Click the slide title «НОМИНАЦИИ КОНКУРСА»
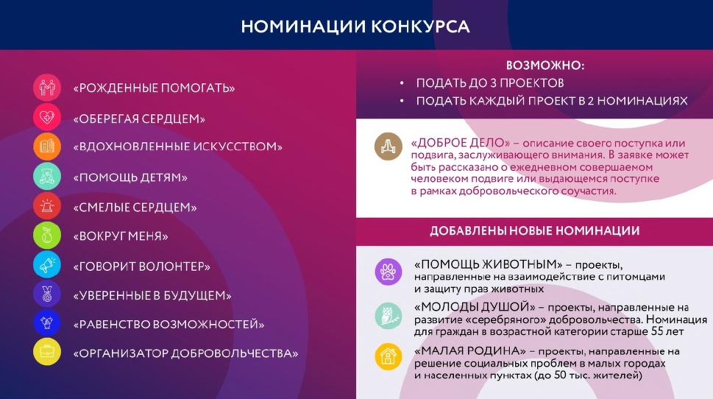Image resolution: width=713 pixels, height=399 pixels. coord(355,27)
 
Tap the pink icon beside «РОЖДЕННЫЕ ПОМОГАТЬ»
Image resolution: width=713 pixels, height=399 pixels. coord(47,88)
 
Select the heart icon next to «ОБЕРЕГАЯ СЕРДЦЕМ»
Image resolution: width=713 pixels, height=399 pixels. coord(47,117)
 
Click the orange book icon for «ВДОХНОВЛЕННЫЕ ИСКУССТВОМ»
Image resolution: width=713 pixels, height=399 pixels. coord(47,146)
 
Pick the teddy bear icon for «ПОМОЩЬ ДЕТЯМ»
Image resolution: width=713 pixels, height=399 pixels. coord(47,176)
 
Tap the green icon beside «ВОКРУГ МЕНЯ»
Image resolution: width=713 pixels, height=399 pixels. coord(47,236)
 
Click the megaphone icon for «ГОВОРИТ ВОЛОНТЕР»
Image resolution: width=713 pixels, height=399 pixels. coord(47,264)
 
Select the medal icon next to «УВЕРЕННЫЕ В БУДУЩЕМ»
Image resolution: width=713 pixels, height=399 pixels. coord(47,294)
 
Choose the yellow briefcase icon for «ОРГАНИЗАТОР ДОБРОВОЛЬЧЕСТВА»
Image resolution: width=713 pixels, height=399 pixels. coord(47,352)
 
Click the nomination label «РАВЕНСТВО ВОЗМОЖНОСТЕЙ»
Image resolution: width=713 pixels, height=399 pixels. coord(169,325)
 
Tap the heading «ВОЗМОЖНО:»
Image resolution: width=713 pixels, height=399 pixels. coord(545,66)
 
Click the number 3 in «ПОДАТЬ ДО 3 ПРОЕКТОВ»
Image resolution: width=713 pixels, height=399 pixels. coord(493,83)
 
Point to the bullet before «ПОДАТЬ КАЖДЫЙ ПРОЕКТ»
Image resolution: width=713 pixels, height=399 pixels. coord(402,101)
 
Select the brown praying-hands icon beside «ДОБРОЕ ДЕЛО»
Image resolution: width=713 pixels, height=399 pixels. coord(389,146)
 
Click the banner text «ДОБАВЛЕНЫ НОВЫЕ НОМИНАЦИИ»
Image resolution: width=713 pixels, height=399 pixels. coord(535,231)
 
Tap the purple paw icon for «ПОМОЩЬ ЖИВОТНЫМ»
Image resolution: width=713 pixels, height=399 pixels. coord(389,272)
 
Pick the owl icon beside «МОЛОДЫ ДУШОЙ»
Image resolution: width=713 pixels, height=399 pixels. coord(389,316)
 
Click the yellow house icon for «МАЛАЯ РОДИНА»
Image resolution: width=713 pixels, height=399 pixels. coord(389,356)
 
